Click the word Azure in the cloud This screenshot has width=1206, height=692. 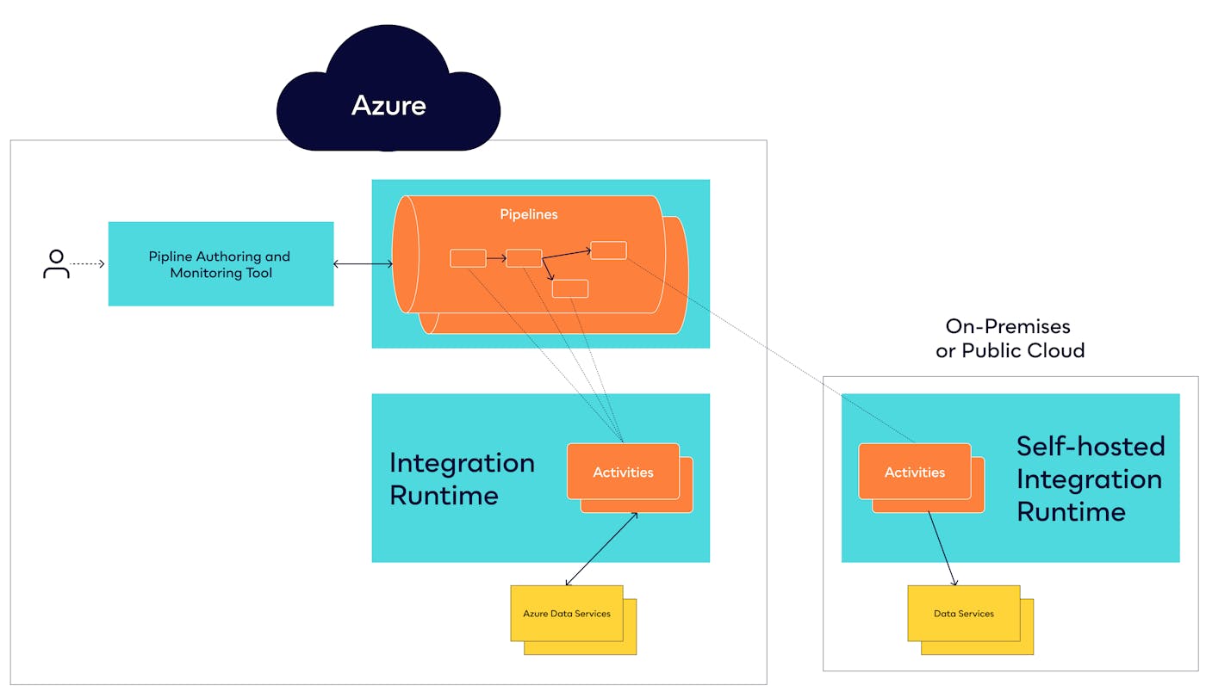pos(389,105)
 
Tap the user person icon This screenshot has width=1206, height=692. pos(56,264)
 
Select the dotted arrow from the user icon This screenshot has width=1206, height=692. pos(87,264)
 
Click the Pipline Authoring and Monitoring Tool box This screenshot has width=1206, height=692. pos(221,264)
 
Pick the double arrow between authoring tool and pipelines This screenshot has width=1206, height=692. pos(363,264)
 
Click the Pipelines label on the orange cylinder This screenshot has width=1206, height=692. pos(529,214)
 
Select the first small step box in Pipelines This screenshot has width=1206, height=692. pos(468,257)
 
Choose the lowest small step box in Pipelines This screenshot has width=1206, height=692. pos(569,289)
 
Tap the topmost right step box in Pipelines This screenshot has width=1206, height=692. pos(608,250)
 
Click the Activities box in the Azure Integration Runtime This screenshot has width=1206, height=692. pos(622,472)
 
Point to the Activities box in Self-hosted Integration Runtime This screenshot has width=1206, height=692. pos(914,472)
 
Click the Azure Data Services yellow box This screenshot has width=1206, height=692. pos(567,614)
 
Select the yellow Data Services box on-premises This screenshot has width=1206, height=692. pos(963,614)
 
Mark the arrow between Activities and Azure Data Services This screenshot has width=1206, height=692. pos(601,549)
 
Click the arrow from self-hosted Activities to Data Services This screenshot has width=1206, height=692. pos(942,548)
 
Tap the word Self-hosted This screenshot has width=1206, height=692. pos(1090,446)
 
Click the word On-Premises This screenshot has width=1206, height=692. pos(1008,326)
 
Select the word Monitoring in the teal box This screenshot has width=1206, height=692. pos(203,273)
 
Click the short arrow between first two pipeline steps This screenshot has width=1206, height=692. pos(495,257)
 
